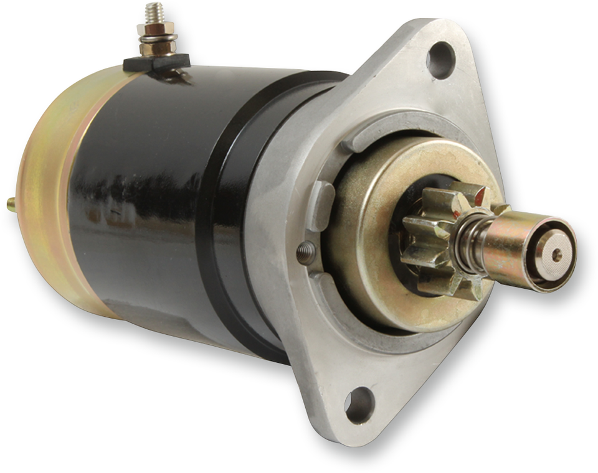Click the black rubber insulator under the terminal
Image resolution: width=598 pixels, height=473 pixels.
pos(156,60)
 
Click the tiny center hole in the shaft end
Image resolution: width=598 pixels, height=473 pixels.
pos(556,254)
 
